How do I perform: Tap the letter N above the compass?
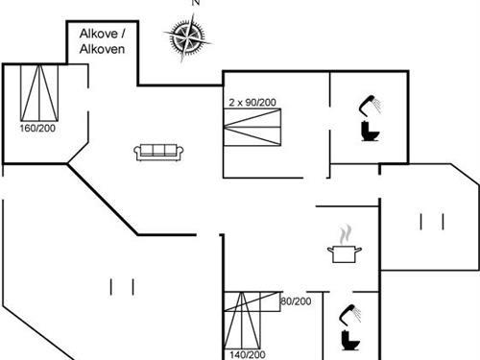click(196, 4)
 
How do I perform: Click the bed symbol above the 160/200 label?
click(38, 92)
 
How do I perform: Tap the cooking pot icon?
click(343, 253)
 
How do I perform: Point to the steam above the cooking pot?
click(345, 233)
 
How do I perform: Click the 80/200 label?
click(296, 301)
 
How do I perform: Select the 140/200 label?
click(248, 354)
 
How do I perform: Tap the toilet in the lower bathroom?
click(348, 339)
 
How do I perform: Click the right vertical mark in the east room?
click(444, 223)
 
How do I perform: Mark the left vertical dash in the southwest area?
click(111, 286)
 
